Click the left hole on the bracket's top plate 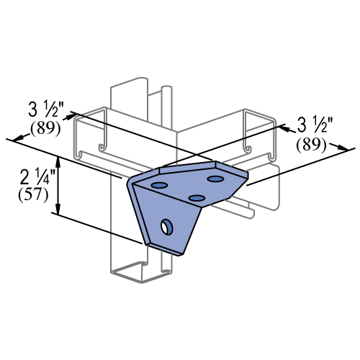(159, 185)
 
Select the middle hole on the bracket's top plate (197, 197)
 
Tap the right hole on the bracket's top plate (215, 179)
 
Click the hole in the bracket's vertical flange (166, 228)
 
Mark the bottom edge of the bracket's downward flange (165, 248)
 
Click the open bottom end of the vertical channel (142, 273)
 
